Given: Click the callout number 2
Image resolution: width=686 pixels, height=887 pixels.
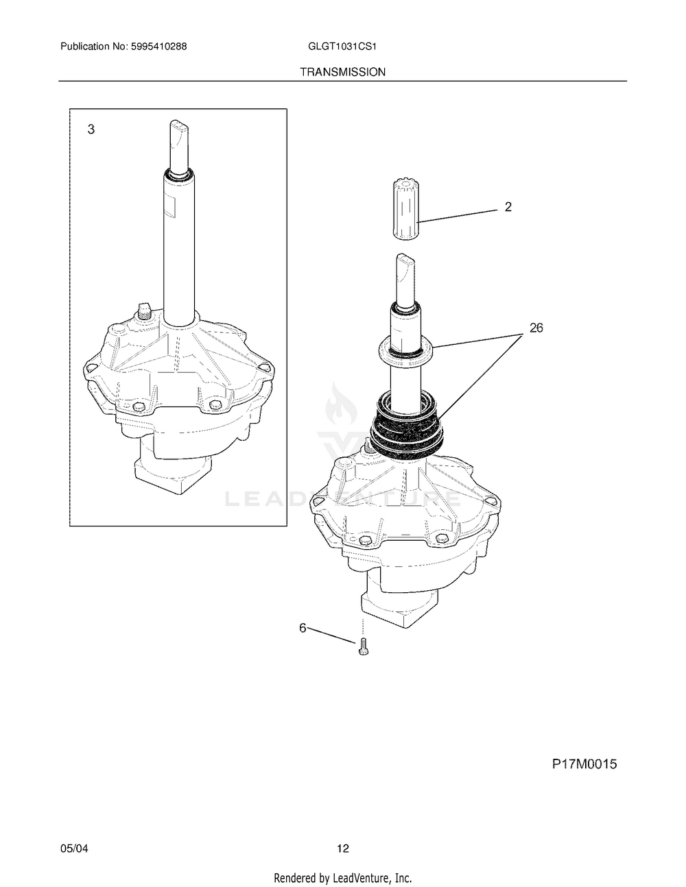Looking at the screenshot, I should pyautogui.click(x=508, y=206).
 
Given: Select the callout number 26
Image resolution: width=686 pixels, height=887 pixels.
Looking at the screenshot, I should pyautogui.click(x=536, y=328).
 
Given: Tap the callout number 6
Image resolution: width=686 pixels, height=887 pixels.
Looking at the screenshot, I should pyautogui.click(x=303, y=627).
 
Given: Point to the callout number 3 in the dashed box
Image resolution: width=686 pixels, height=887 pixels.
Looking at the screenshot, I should pyautogui.click(x=91, y=130).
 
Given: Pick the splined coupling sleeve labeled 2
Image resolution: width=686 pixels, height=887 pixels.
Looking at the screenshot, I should pyautogui.click(x=407, y=209).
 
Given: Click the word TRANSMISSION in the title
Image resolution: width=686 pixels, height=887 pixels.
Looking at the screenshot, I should pyautogui.click(x=342, y=71).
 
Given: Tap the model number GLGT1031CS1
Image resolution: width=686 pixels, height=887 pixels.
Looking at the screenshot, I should pyautogui.click(x=343, y=47).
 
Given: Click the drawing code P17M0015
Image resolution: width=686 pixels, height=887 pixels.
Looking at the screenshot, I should pyautogui.click(x=584, y=764).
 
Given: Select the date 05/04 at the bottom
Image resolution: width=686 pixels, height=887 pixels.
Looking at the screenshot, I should pyautogui.click(x=74, y=849).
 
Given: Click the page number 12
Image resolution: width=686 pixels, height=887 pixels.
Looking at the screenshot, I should pyautogui.click(x=343, y=849).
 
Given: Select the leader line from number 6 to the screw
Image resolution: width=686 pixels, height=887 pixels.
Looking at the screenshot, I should pyautogui.click(x=332, y=634).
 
